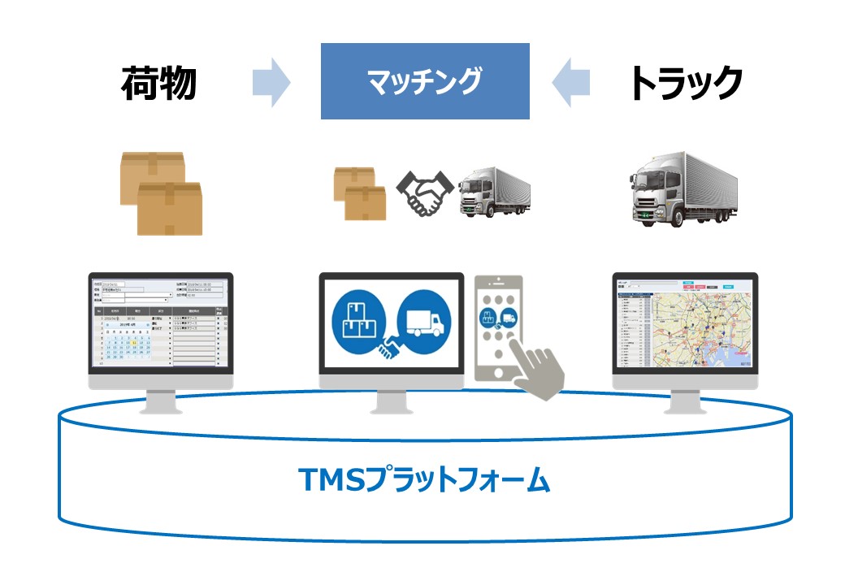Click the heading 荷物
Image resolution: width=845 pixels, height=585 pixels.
pos(159,81)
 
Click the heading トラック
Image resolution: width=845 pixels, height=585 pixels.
pos(686,81)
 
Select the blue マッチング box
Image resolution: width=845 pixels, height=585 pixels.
pos(424,81)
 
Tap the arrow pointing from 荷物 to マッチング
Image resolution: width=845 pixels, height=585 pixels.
pos(271,81)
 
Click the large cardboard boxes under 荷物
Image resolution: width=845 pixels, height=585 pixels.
pos(161,193)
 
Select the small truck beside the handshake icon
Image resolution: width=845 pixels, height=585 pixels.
pos(494,192)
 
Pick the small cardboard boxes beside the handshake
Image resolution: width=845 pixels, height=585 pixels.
pos(360,193)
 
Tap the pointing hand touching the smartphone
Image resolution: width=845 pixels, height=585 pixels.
pos(543,370)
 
